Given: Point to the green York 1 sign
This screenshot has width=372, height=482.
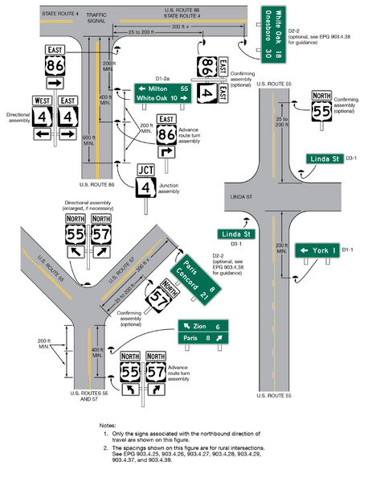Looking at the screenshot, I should (x=319, y=250).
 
